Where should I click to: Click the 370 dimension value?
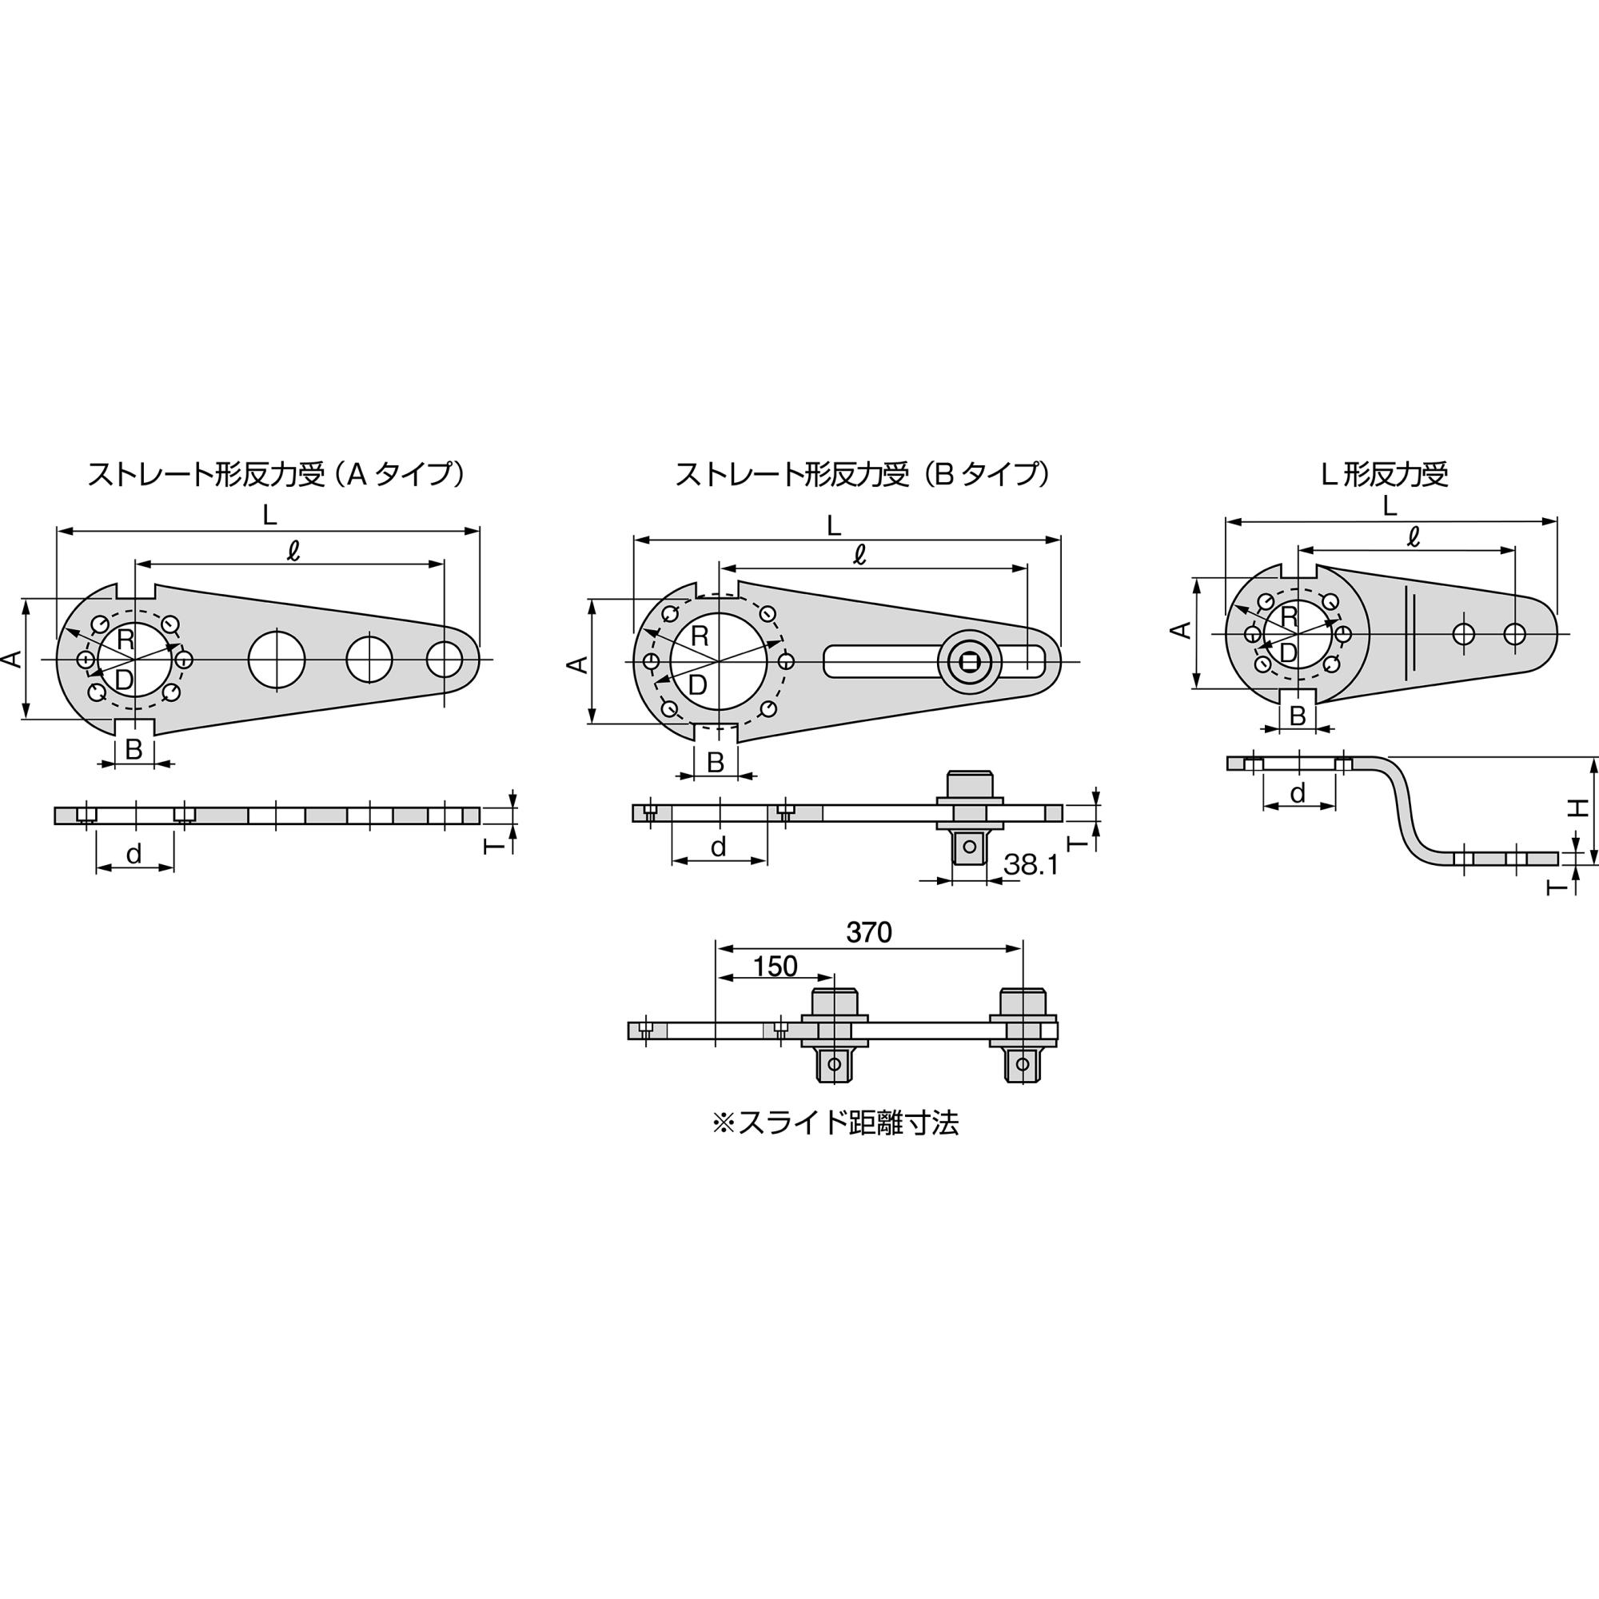click(869, 933)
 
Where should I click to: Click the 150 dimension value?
click(776, 966)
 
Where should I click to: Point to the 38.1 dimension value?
click(1031, 865)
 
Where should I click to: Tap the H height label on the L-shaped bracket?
click(1579, 807)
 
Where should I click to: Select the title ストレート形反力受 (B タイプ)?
click(863, 474)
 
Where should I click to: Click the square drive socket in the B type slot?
click(968, 660)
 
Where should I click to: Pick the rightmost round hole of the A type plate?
click(445, 659)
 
